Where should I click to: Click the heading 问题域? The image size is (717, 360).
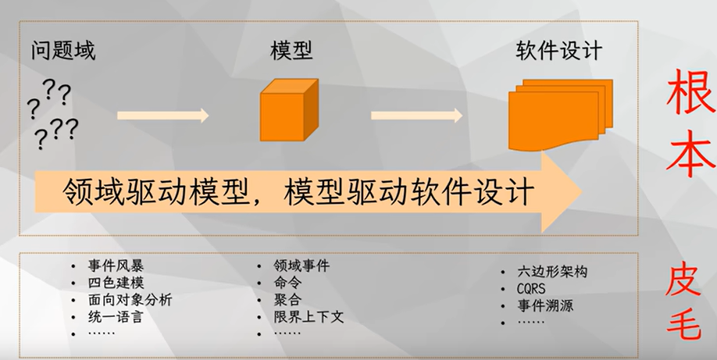(63, 52)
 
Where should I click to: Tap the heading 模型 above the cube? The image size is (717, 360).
(291, 52)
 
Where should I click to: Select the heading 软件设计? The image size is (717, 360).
(559, 52)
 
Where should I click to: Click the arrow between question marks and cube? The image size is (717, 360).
(163, 116)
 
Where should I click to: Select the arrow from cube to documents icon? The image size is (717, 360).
(418, 116)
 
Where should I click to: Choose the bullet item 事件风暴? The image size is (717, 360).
(117, 266)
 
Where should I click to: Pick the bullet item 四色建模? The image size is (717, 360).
(117, 283)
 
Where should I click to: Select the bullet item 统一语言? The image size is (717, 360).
(117, 317)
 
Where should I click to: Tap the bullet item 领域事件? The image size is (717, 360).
(301, 266)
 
